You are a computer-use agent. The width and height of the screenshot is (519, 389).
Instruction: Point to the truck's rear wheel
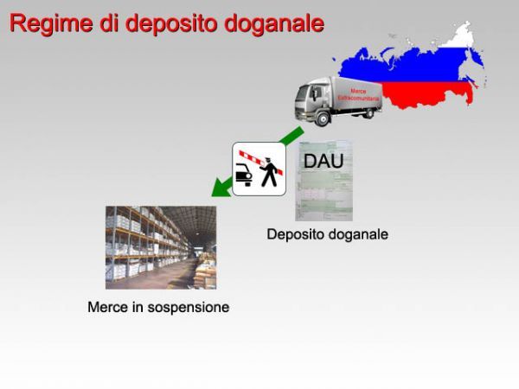tap(368, 113)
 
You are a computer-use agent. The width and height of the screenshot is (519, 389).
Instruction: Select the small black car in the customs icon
tap(244, 175)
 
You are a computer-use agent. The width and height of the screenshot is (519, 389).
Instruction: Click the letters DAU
tap(323, 161)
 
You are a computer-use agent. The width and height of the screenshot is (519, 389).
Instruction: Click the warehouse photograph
tap(161, 247)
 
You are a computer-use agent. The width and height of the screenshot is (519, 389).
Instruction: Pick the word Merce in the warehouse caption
tap(106, 307)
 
